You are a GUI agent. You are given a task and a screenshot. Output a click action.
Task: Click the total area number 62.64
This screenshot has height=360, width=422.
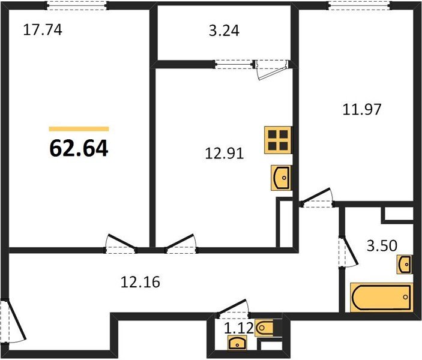coord(79,149)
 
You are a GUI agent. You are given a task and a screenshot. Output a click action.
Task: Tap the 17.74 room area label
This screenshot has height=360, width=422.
coord(43,30)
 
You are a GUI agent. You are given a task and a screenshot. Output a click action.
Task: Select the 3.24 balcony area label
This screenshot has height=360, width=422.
coord(224,31)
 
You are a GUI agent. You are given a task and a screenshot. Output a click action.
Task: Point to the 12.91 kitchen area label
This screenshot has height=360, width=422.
coord(224,154)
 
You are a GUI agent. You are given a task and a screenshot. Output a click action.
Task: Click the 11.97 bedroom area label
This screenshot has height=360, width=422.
coord(362,110)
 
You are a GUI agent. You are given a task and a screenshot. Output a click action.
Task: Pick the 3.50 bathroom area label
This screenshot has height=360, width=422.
coord(382,245)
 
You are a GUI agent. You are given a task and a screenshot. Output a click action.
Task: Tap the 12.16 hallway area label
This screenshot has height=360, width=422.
coord(140,282)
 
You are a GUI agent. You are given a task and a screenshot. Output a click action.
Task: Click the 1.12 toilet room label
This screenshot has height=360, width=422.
coord(239,328)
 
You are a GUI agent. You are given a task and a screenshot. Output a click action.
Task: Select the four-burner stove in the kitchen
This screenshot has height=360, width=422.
coord(278,140)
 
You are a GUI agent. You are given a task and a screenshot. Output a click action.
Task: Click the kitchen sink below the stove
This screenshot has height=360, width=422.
coord(282,178)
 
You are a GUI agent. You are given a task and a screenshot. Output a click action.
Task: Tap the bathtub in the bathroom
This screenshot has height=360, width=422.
coord(381,298)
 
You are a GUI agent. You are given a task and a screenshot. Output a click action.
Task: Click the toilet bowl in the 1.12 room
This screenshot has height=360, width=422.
coord(264,328)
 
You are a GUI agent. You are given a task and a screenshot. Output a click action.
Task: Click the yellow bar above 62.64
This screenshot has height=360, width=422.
coord(79,129)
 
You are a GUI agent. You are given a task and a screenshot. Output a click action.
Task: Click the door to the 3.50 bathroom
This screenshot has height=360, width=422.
coord(348,252)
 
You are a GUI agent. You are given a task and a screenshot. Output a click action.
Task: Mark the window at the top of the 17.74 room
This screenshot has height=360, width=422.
coord(77,5)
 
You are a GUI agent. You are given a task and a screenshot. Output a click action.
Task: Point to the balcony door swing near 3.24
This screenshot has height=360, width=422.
coord(271,70)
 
